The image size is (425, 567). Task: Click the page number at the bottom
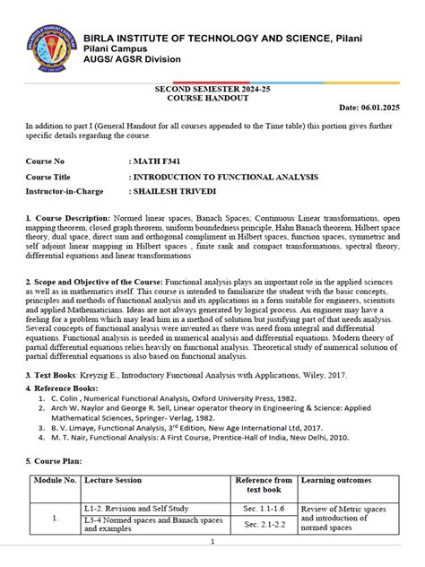click(212, 542)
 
